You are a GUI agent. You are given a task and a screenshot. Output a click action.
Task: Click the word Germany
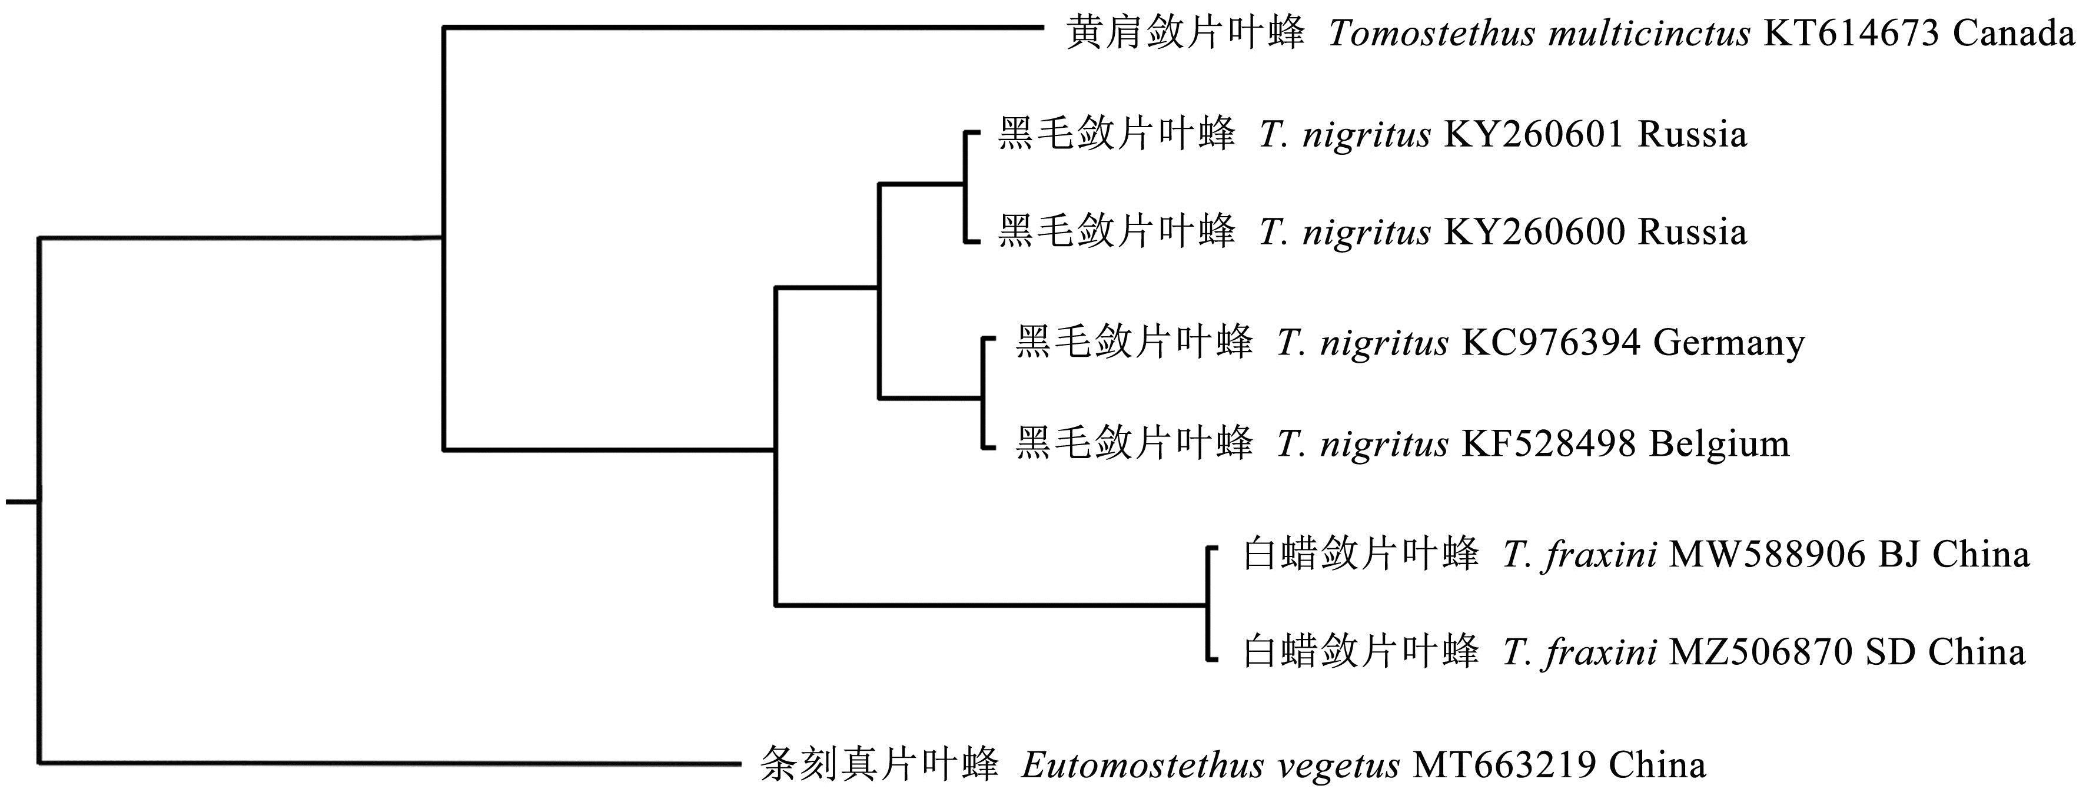pyautogui.click(x=1729, y=343)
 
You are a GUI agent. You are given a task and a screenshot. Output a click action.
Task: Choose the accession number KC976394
pyautogui.click(x=1551, y=343)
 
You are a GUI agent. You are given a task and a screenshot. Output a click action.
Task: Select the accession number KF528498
pyautogui.click(x=1551, y=444)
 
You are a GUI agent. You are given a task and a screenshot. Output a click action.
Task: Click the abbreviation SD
pyautogui.click(x=1891, y=652)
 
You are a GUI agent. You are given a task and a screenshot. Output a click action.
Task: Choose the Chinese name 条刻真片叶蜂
pyautogui.click(x=879, y=765)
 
